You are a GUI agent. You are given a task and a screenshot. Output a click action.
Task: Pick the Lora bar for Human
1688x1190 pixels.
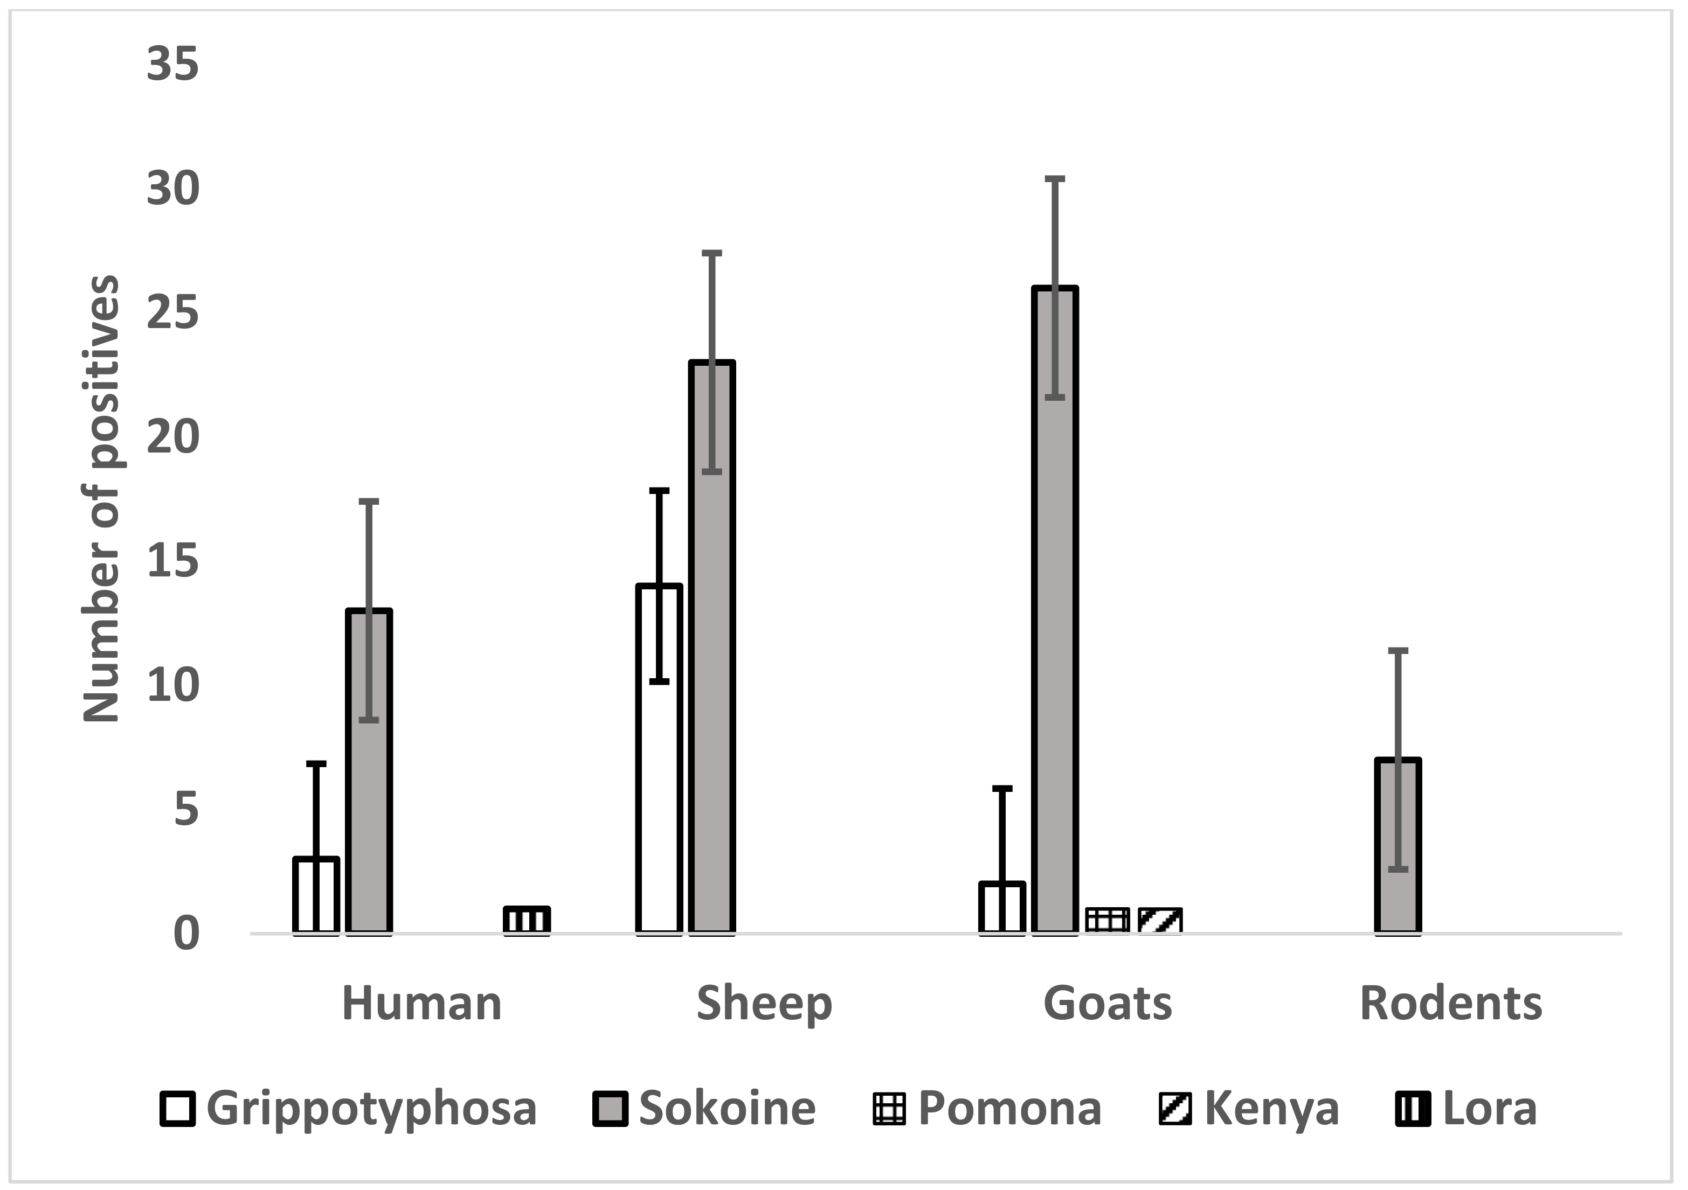tap(527, 920)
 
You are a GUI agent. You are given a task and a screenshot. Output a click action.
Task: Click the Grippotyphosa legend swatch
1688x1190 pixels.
tap(177, 1109)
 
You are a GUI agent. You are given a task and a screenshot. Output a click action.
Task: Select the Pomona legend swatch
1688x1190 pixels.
tap(889, 1109)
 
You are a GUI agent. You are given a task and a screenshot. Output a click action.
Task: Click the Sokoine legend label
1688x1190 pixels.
tap(727, 1109)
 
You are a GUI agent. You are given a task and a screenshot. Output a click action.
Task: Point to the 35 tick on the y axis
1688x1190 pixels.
tap(173, 64)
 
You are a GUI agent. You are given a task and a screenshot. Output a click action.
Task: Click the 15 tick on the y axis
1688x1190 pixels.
tap(173, 561)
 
